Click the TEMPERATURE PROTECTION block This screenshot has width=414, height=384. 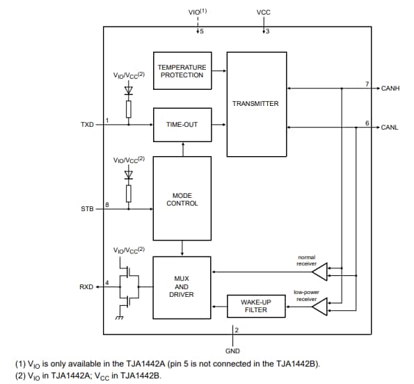(x=182, y=71)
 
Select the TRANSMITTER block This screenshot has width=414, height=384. (x=256, y=104)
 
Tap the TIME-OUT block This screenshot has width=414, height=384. (x=182, y=125)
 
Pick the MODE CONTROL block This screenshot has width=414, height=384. (x=182, y=199)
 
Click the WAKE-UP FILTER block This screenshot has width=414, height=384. (x=256, y=306)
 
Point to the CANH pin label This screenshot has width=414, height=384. (x=390, y=89)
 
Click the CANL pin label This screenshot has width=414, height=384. (x=390, y=128)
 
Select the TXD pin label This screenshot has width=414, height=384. (x=87, y=125)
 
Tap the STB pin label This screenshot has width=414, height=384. (x=87, y=208)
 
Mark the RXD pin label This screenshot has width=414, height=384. (x=87, y=286)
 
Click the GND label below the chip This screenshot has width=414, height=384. (x=232, y=350)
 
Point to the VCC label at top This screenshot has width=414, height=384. (x=264, y=13)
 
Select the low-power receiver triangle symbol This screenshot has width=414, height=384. (x=318, y=305)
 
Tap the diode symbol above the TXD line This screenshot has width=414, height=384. (x=128, y=90)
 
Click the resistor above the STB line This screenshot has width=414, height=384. (x=128, y=192)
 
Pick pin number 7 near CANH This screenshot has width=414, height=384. (x=367, y=84)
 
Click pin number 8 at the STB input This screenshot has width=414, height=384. (x=107, y=204)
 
